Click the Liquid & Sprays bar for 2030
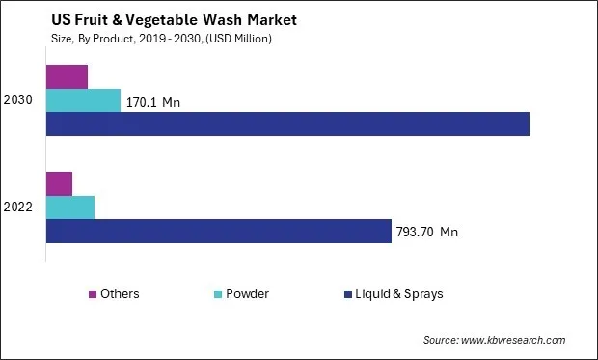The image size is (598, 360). coord(287,124)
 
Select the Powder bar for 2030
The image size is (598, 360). coord(83,100)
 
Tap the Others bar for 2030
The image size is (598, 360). coord(67,76)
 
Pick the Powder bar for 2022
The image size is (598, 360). coord(70,208)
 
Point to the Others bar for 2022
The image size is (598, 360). coord(59,183)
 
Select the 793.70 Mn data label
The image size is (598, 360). coord(427,232)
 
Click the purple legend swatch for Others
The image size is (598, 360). coord(92,294)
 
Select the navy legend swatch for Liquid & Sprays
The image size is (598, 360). coord(345,294)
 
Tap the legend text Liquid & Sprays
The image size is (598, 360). coord(399,294)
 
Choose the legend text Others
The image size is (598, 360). coord(120,294)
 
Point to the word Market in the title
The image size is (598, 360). coord(241,19)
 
